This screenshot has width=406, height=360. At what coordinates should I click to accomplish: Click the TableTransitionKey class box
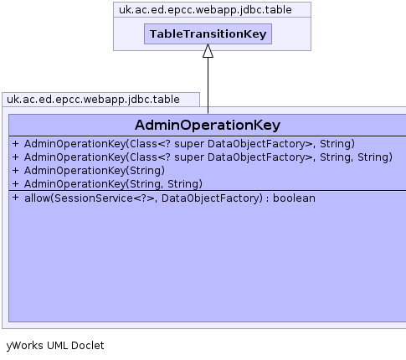click(x=208, y=33)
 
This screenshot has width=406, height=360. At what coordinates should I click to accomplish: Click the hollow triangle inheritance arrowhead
click(x=208, y=51)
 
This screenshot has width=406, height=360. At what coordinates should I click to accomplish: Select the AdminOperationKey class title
click(x=208, y=125)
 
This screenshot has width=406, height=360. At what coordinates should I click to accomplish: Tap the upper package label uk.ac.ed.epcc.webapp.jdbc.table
click(x=205, y=10)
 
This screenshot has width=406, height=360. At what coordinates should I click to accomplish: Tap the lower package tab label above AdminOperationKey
click(x=93, y=100)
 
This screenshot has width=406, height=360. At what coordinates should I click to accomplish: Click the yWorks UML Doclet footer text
click(x=55, y=346)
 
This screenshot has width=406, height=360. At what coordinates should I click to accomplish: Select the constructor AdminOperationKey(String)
click(x=95, y=171)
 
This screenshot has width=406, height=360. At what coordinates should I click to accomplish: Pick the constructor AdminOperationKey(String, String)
click(x=113, y=184)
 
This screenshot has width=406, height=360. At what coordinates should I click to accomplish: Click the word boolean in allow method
click(x=294, y=198)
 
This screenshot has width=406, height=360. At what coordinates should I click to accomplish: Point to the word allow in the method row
click(x=37, y=198)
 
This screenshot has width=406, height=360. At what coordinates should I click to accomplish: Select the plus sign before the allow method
click(x=15, y=198)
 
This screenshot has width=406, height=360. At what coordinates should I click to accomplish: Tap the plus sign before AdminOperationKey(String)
click(x=15, y=170)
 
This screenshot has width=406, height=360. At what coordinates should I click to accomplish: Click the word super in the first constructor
click(x=189, y=144)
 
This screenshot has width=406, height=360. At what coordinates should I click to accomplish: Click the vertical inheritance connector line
click(x=208, y=85)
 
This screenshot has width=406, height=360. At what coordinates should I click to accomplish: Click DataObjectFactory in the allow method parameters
click(x=212, y=198)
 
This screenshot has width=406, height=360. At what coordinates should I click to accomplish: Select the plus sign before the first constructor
click(x=15, y=143)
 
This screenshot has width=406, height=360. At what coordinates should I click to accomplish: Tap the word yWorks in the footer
click(x=24, y=346)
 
